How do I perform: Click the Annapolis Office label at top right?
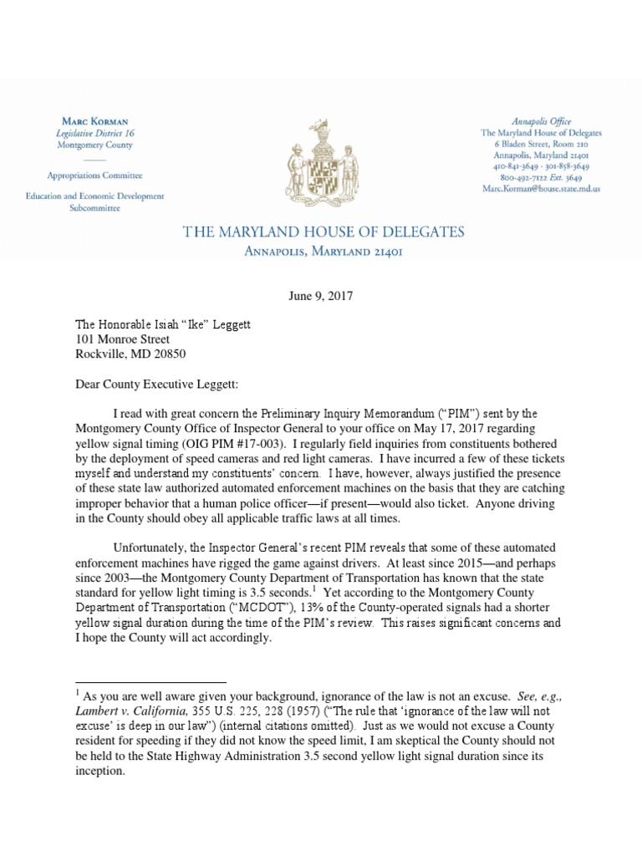pos(540,121)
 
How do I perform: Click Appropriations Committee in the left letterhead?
pos(95,176)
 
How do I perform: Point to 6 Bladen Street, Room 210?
pos(540,145)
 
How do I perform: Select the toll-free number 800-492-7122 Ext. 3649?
pos(540,178)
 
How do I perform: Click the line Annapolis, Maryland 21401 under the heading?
pos(321,252)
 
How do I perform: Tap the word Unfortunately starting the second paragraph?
pos(154,547)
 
